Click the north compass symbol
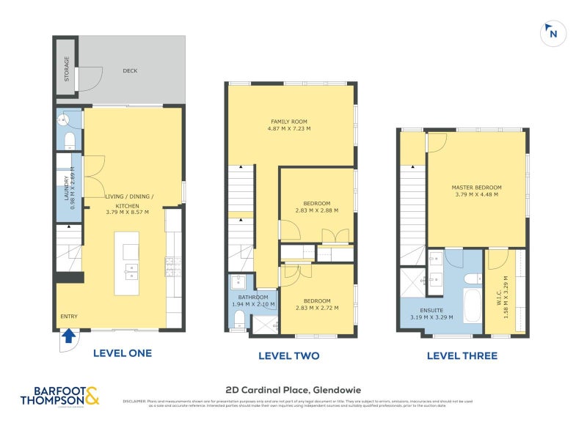click(552, 33)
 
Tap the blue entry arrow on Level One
click(68, 336)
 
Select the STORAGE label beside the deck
click(67, 68)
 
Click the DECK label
click(130, 71)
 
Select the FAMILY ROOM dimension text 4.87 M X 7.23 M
click(291, 128)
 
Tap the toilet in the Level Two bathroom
click(239, 317)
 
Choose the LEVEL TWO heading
click(288, 356)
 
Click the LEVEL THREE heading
click(464, 356)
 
